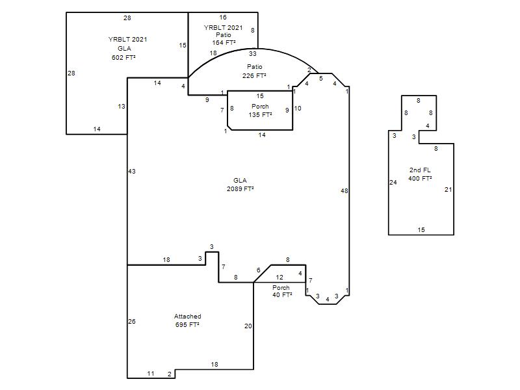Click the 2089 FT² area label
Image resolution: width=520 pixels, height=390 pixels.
coord(240,188)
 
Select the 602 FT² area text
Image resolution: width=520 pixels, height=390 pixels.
coord(123,57)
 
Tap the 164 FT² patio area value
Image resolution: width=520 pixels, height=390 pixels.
coord(224,42)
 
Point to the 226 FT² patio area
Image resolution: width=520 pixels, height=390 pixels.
coord(254,75)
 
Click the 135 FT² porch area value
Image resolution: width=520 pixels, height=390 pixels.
coord(261,115)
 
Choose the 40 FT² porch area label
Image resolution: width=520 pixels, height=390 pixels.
coord(282,294)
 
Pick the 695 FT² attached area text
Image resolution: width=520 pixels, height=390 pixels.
coord(187,324)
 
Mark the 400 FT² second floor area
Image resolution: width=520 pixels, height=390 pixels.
coord(420,178)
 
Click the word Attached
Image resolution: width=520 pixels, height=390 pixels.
coord(187,317)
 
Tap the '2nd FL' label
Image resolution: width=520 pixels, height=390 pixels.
coord(420,170)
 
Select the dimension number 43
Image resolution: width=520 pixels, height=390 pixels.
coord(132,172)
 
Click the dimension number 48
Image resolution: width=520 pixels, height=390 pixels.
coord(344,190)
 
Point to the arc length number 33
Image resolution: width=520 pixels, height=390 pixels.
coord(253,53)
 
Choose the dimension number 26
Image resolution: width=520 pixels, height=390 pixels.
coord(132,321)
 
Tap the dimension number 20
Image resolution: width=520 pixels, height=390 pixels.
coord(248,326)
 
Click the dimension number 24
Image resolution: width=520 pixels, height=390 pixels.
coord(393,183)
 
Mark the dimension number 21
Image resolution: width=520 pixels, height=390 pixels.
coord(448,190)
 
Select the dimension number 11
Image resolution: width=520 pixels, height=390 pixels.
coord(151,373)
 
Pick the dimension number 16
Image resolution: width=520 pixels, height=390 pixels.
coord(223,18)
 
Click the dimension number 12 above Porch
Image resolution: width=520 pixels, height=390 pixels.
coord(279,278)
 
